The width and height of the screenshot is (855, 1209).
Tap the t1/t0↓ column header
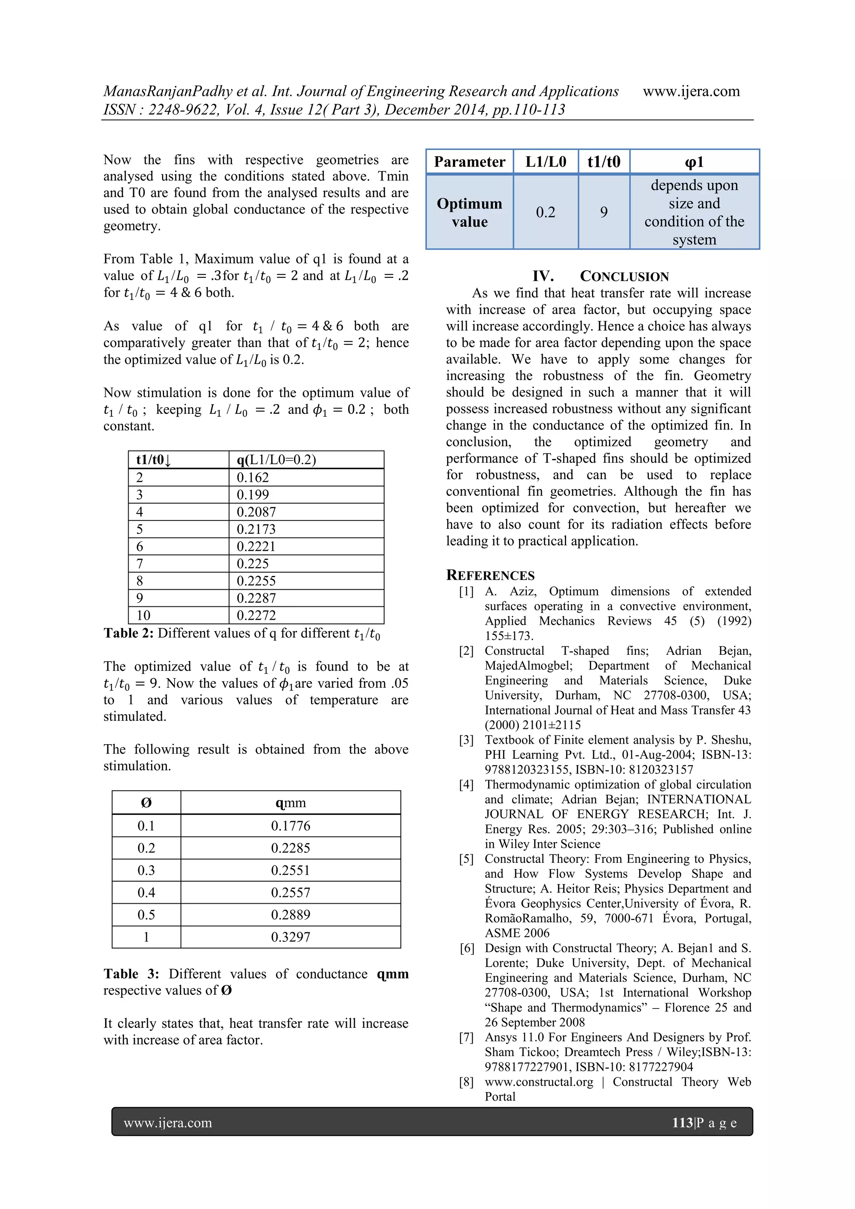154,460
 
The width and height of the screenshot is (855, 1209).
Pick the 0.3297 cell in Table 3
291,937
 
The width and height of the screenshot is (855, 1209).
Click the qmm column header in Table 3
291,803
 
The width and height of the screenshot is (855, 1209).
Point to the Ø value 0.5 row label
147,915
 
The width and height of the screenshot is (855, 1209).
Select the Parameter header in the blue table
470,162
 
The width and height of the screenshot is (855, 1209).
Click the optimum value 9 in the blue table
604,212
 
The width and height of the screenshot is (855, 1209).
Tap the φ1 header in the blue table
694,162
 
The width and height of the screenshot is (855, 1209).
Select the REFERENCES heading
490,575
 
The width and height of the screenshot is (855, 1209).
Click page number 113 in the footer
682,1123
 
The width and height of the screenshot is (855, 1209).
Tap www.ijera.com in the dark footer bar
168,1123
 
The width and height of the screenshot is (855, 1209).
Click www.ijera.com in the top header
691,91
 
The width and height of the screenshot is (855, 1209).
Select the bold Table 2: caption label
129,633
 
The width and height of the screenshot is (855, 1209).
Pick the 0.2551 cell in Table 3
291,870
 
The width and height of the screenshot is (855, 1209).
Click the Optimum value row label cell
470,212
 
